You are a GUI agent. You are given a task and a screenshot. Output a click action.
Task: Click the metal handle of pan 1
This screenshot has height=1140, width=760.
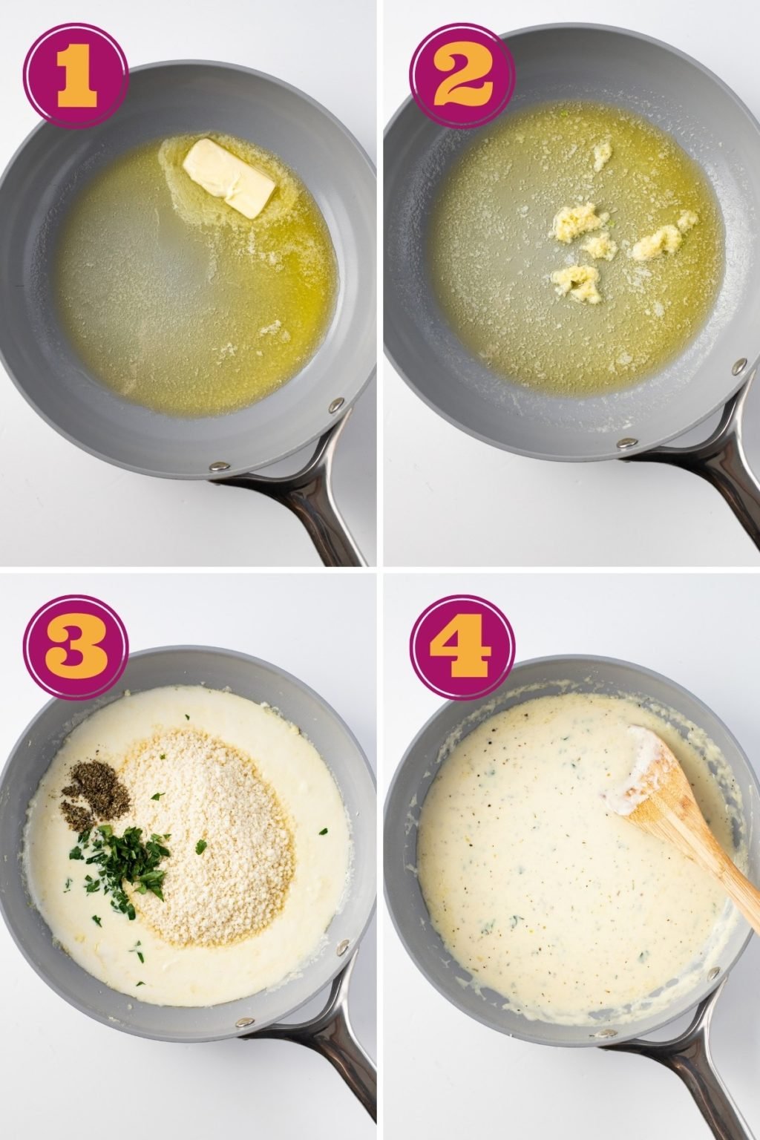click(x=312, y=512)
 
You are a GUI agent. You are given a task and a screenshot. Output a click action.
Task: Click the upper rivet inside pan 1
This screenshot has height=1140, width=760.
click(x=335, y=405)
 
